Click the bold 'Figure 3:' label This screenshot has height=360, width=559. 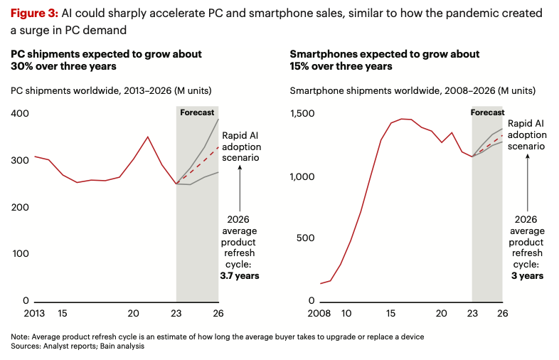[x=33, y=14]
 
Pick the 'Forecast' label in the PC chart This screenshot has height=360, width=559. [x=197, y=112]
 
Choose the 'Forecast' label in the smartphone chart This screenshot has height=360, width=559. [x=487, y=112]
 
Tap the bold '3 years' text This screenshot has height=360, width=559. [x=527, y=275]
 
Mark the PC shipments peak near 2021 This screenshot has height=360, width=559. [x=148, y=137]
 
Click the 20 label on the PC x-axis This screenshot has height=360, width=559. [x=133, y=313]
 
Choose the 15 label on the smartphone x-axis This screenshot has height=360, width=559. [x=390, y=313]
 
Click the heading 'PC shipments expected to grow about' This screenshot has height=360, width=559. [x=105, y=54]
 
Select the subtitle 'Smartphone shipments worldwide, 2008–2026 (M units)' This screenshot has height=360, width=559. [x=412, y=90]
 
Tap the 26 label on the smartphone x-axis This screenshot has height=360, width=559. [x=502, y=313]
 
